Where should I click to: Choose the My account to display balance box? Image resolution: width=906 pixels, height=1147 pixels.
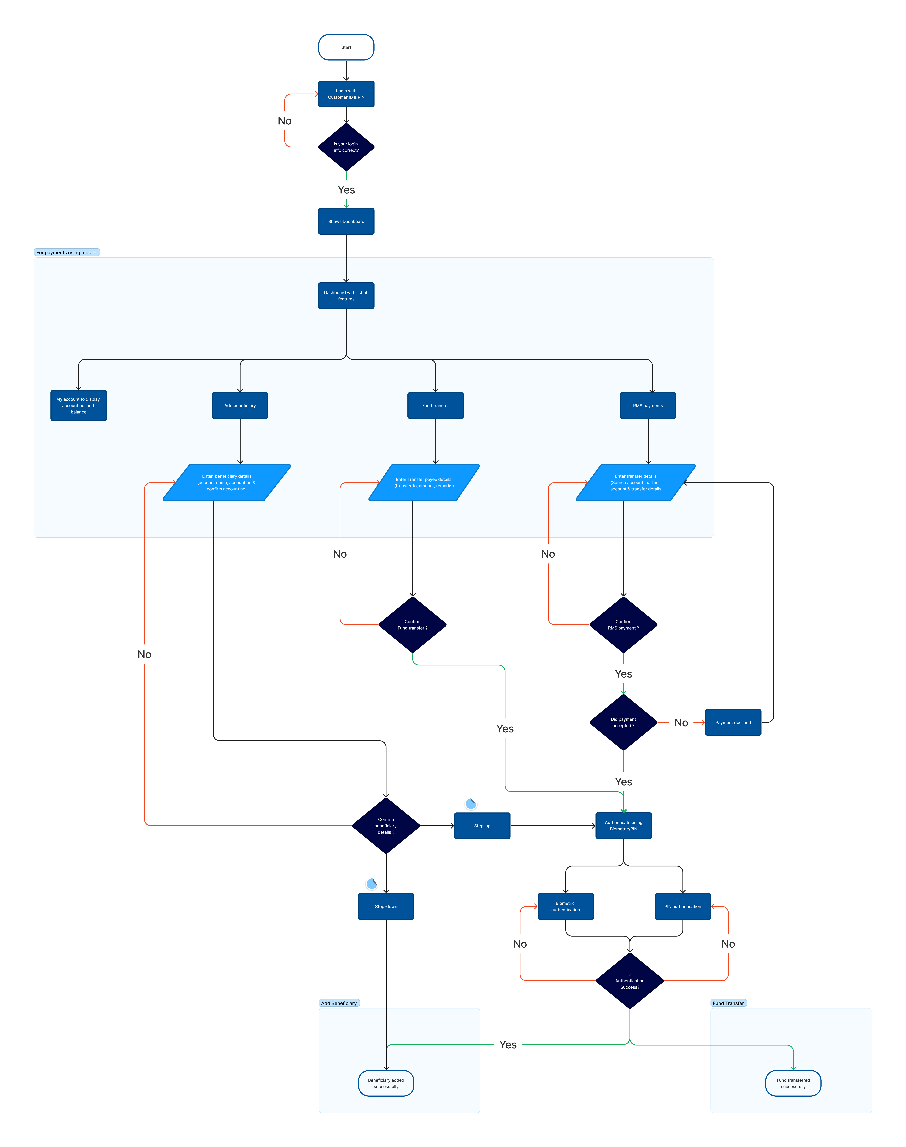pos(78,406)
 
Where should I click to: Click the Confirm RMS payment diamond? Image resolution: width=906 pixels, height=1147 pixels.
pos(623,624)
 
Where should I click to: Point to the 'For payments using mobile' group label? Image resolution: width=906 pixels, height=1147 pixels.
pos(66,252)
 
